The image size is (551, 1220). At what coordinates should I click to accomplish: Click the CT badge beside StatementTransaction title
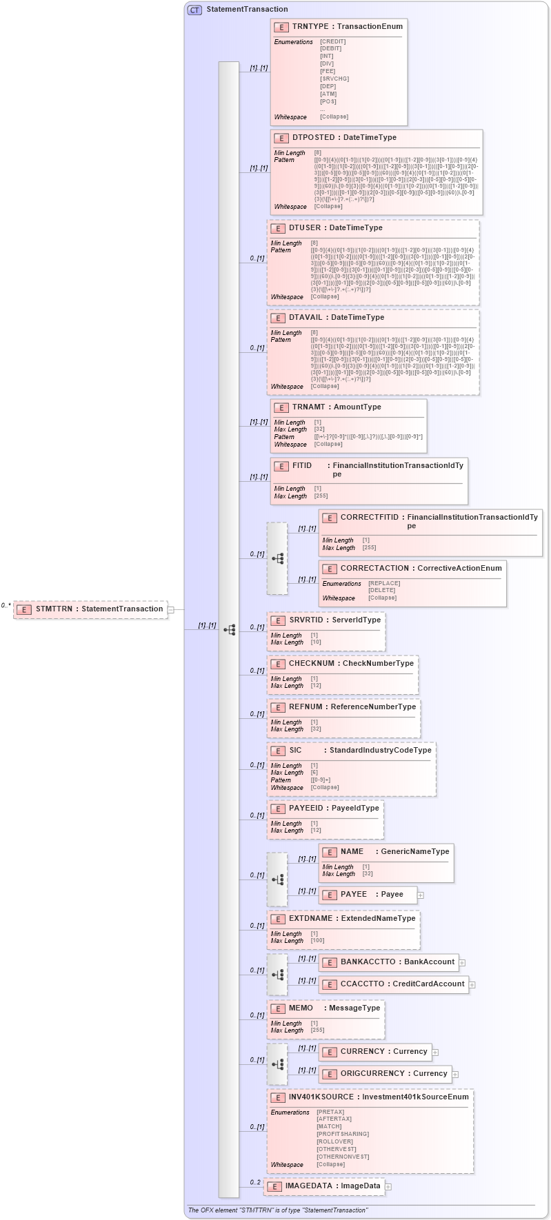point(195,10)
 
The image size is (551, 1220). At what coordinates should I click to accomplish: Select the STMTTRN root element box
point(91,609)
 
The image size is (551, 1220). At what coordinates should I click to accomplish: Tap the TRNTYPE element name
point(310,27)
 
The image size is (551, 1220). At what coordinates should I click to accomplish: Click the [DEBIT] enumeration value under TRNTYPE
point(331,49)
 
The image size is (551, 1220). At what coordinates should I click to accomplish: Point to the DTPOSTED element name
point(316,138)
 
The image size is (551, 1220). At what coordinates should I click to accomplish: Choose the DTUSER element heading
point(305,228)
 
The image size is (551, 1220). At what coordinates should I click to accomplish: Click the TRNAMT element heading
point(308,407)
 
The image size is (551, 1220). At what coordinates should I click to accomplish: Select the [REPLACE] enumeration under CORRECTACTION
point(384,583)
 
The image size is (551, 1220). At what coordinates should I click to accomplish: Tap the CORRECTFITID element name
point(370,518)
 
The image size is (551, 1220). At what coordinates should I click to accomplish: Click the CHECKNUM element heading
point(312,664)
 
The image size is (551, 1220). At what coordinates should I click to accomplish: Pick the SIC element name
point(295,751)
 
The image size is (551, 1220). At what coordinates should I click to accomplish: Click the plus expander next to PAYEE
point(421,895)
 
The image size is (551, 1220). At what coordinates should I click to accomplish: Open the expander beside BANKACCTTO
point(462,963)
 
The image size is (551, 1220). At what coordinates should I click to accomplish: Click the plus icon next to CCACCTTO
point(472,985)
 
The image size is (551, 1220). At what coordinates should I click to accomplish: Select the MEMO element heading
point(301,1008)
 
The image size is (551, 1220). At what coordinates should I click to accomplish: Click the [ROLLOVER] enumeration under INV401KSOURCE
point(334,1141)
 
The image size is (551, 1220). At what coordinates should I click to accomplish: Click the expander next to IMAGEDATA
point(388,1187)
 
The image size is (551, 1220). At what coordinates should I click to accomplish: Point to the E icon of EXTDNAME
point(278,919)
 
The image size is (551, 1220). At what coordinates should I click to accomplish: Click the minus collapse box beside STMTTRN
point(171,609)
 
